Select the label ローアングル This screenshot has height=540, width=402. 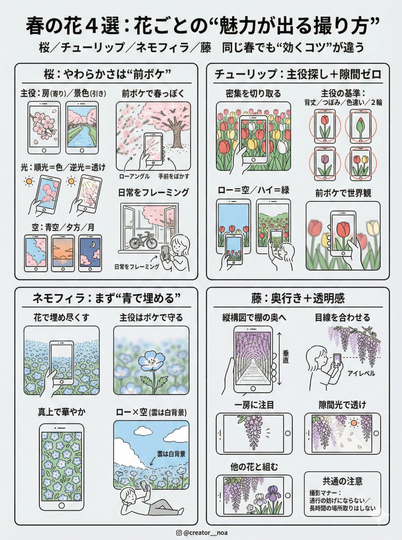134,176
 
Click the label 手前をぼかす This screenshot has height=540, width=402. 173,176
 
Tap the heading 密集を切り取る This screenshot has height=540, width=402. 253,93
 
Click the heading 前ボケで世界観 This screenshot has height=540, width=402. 343,193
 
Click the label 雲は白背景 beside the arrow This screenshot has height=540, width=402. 171,454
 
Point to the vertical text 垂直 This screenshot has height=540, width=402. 286,357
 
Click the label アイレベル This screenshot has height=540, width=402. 361,373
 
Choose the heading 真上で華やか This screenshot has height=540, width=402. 62,412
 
